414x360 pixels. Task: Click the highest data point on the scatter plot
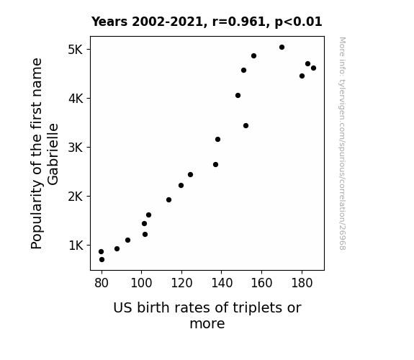tap(282, 48)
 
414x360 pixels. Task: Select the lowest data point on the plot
tap(102, 260)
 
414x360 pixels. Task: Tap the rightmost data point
tap(313, 68)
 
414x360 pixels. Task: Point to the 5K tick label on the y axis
tap(76, 50)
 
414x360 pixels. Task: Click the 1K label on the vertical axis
tap(76, 246)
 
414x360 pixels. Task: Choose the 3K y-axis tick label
tap(76, 148)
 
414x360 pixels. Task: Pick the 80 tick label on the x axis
tap(102, 283)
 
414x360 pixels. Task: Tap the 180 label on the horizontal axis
tap(302, 283)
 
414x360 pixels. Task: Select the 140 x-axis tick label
tap(222, 283)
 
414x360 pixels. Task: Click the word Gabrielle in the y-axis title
tap(53, 154)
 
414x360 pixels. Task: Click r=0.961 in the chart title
tap(239, 22)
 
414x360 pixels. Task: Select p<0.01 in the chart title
tap(298, 22)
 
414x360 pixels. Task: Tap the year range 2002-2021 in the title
tap(167, 22)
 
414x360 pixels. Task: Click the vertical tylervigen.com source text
tap(342, 143)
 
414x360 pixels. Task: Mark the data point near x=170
tap(282, 48)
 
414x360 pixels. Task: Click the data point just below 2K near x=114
tap(168, 200)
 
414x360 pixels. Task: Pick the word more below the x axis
tap(207, 324)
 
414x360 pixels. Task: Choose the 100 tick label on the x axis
tap(142, 283)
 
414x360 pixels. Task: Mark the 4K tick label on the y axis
tap(76, 99)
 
